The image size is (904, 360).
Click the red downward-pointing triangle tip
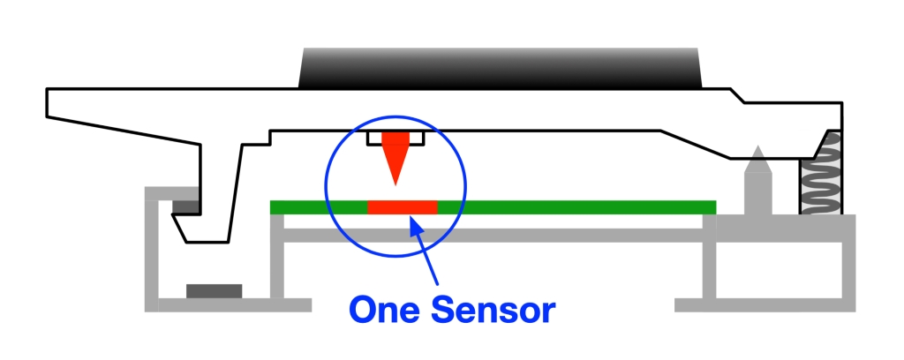[x=395, y=184]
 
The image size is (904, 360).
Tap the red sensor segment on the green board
[x=403, y=207]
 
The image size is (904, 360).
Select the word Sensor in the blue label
[x=493, y=310]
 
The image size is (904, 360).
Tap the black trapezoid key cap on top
[x=500, y=68]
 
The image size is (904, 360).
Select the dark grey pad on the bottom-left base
[x=214, y=291]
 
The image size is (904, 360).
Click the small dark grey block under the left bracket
[x=185, y=206]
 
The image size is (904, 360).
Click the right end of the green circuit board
[x=715, y=207]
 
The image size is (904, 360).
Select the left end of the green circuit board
[x=272, y=207]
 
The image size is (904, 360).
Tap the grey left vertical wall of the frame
[x=151, y=250]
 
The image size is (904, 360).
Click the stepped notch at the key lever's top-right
[x=737, y=95]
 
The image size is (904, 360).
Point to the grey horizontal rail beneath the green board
[x=493, y=235]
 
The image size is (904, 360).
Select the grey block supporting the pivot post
[x=786, y=229]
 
